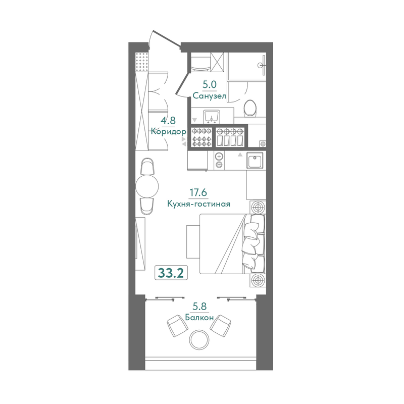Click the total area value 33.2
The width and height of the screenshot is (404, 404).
tap(171, 273)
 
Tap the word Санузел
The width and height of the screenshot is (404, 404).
tap(209, 96)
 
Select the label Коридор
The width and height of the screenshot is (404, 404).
tap(168, 132)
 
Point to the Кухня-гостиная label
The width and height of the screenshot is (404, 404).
tap(198, 204)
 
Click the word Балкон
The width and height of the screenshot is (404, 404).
tap(199, 318)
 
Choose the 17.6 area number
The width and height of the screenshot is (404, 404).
tap(198, 192)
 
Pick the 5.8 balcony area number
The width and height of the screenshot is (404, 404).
tap(199, 307)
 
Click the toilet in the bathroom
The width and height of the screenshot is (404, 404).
tap(250, 108)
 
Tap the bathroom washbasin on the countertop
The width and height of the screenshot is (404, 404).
tap(211, 117)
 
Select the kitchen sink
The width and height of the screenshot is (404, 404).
tap(255, 160)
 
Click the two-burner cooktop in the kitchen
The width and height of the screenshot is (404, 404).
tap(219, 160)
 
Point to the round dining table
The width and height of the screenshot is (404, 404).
tap(147, 186)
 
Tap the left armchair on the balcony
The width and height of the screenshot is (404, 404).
tap(178, 325)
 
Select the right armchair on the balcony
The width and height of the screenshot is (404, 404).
tap(220, 325)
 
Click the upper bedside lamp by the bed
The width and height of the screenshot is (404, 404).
tap(258, 207)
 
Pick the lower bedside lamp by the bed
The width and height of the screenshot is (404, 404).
tap(258, 280)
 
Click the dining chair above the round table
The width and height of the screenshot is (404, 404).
tap(147, 167)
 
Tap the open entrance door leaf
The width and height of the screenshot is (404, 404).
tap(167, 39)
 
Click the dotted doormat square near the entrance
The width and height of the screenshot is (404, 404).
tap(142, 62)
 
